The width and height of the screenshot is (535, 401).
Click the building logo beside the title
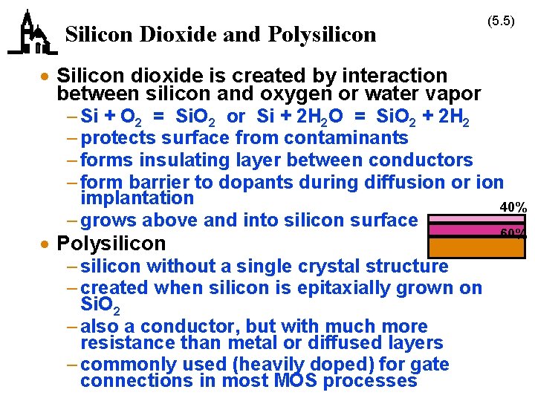click(31, 34)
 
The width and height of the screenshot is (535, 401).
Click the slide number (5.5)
click(501, 21)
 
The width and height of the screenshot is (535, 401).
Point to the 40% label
click(513, 206)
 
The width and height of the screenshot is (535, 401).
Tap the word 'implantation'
click(137, 198)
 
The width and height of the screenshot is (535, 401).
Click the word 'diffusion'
click(405, 182)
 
